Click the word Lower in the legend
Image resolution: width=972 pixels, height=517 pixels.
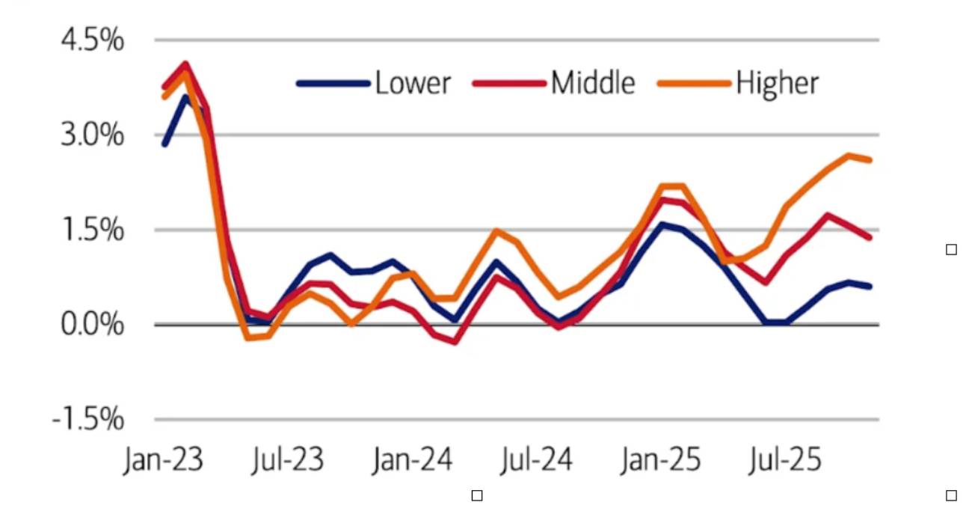pos(413,83)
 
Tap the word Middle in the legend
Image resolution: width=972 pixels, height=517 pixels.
pos(593,83)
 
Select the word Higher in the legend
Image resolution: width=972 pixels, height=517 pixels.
pos(778,83)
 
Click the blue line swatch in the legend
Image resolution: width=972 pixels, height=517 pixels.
pos(334,84)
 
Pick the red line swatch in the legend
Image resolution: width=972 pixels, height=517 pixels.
pos(510,84)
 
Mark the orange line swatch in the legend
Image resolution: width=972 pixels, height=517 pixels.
pos(695,84)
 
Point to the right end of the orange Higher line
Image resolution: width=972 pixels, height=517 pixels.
pos(870,159)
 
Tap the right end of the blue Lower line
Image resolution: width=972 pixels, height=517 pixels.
pos(870,286)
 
